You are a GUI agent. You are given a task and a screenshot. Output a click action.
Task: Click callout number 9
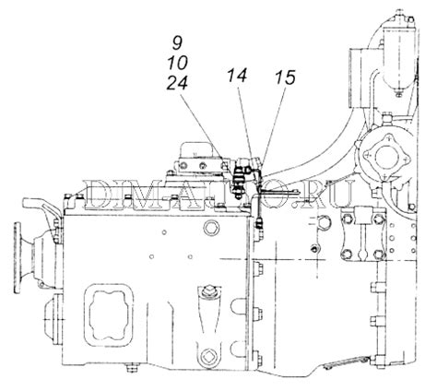pyautogui.click(x=177, y=42)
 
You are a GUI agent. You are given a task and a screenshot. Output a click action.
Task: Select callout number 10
pyautogui.click(x=178, y=63)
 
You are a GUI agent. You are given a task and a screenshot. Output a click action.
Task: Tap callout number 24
pyautogui.click(x=177, y=83)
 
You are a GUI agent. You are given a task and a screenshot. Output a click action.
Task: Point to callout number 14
pyautogui.click(x=237, y=76)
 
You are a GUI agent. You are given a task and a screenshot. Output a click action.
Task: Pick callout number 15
pyautogui.click(x=285, y=77)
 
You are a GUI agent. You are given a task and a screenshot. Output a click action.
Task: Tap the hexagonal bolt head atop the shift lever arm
pyautogui.click(x=209, y=290)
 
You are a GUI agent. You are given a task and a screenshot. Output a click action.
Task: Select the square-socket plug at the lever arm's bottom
pyautogui.click(x=208, y=357)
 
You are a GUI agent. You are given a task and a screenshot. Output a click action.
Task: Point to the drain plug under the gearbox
pyautogui.click(x=133, y=368)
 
